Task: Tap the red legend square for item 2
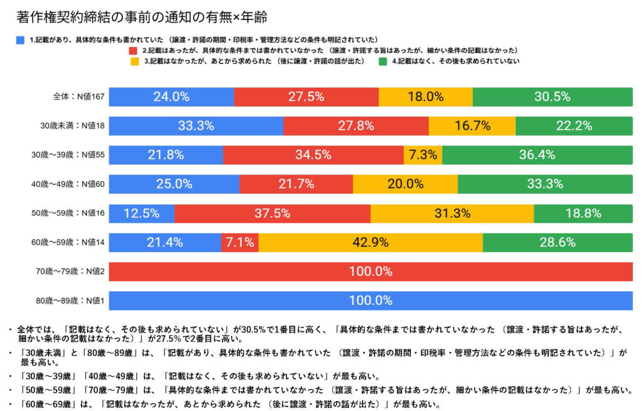click(x=133, y=50)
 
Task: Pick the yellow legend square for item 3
click(x=134, y=61)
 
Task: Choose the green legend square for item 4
click(x=382, y=61)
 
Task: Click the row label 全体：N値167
click(x=78, y=97)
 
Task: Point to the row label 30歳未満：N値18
click(x=73, y=126)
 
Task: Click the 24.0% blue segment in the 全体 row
click(x=171, y=97)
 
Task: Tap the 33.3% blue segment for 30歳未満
click(x=196, y=126)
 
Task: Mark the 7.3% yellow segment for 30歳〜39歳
click(x=423, y=155)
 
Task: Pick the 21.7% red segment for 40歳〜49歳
click(x=296, y=184)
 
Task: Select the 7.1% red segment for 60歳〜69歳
click(x=239, y=243)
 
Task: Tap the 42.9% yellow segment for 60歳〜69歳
click(x=370, y=243)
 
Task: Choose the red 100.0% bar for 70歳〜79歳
click(x=370, y=272)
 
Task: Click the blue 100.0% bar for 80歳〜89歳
click(x=370, y=301)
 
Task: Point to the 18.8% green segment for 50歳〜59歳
click(x=583, y=213)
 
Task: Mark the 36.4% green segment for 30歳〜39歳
click(x=538, y=155)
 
